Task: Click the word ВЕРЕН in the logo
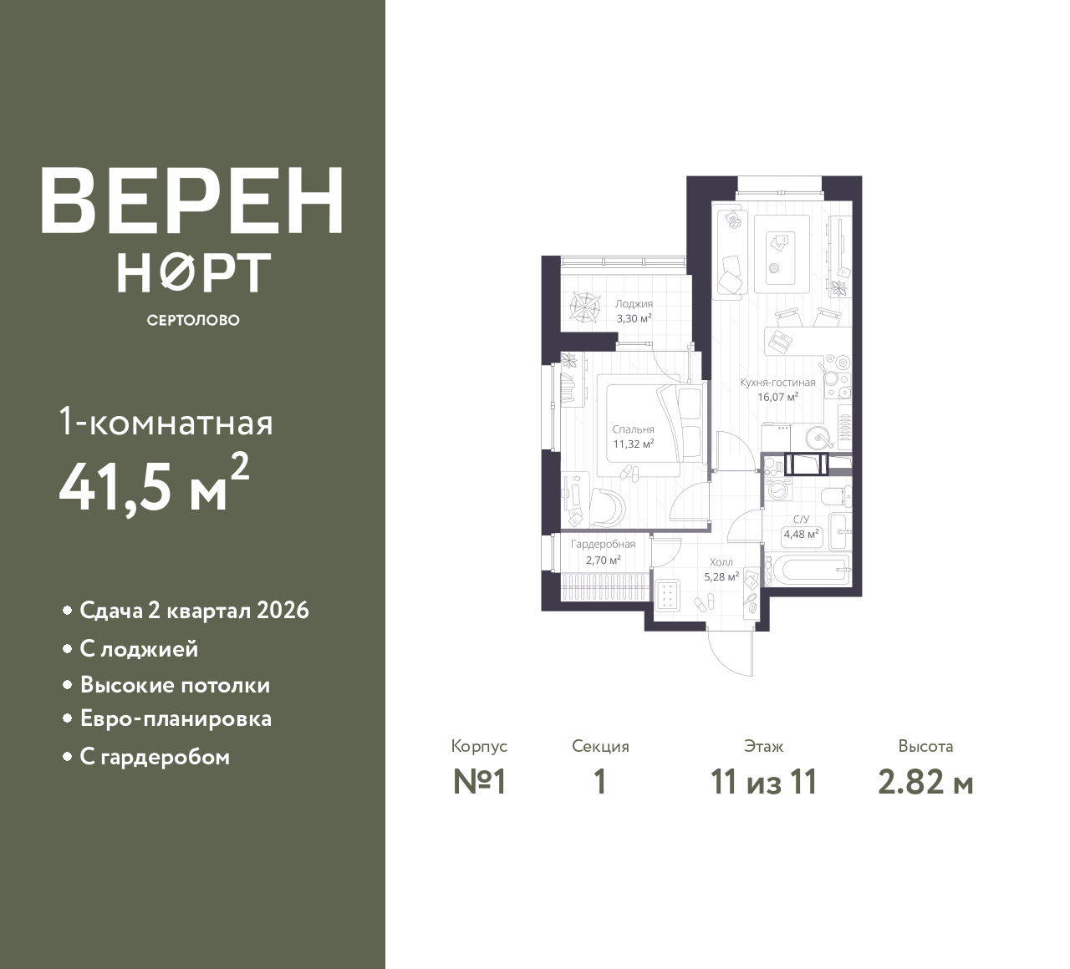[192, 200]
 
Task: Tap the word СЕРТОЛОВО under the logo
[193, 320]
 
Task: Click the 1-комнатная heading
[166, 424]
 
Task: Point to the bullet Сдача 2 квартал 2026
[194, 611]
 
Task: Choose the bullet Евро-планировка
[176, 719]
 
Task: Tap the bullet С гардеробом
[155, 757]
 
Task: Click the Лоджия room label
[634, 304]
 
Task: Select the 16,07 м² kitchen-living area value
[777, 397]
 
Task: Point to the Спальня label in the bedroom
[633, 429]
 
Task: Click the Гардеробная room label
[604, 544]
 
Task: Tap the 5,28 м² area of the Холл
[721, 576]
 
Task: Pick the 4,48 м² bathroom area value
[801, 534]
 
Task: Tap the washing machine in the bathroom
[777, 489]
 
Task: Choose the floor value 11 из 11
[764, 783]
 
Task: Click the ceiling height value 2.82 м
[925, 783]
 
